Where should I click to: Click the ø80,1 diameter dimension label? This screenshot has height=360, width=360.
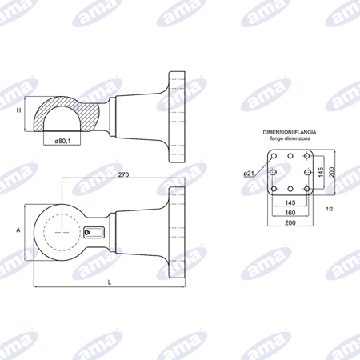62,141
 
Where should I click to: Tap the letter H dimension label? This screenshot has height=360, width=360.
18,110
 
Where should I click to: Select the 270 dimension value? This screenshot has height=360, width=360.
123,174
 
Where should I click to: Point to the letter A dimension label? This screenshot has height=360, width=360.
18,230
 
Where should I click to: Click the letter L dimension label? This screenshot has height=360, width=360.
110,282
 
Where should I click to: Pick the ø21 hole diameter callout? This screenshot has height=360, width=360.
249,174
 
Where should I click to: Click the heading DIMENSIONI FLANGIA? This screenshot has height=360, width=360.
290,132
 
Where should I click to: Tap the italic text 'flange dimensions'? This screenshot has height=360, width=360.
290,138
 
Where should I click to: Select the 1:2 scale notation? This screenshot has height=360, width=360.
330,209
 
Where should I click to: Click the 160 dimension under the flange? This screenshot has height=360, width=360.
290,213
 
